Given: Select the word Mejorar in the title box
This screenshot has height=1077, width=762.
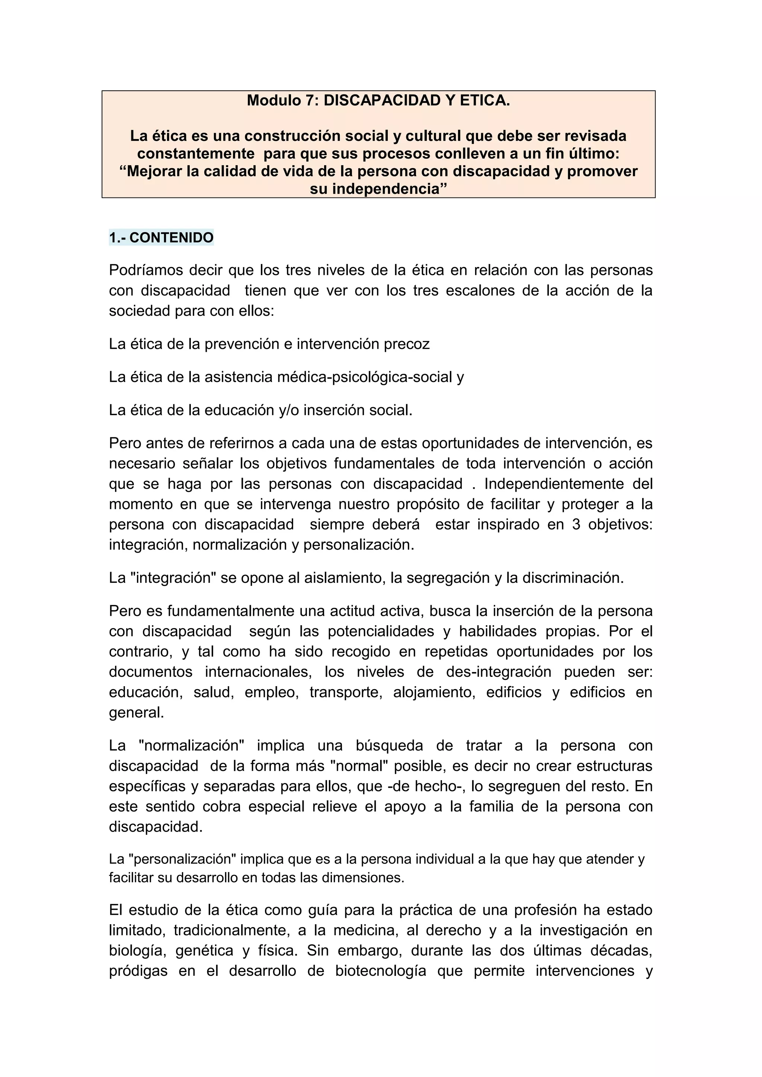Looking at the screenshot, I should (154, 171).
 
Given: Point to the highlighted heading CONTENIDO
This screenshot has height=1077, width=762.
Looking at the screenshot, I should (171, 238).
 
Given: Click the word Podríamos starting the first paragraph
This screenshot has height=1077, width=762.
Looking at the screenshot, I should (145, 270).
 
